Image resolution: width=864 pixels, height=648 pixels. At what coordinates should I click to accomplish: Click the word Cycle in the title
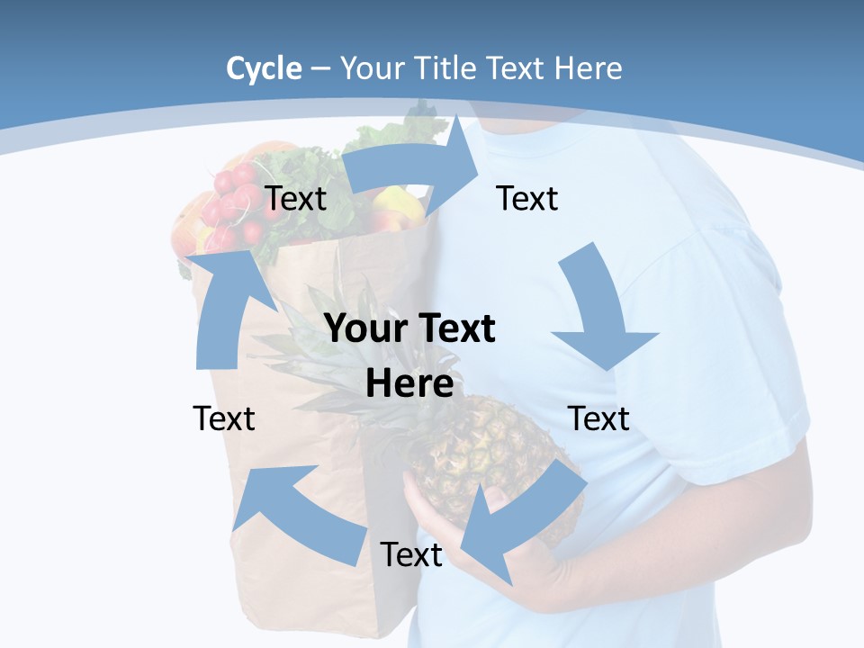pos(264,68)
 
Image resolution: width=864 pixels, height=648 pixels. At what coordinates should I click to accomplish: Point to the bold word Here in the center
pos(409,382)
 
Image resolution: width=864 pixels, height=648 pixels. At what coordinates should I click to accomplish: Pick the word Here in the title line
pos(589,68)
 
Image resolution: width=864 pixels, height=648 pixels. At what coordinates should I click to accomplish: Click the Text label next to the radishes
pos(295,198)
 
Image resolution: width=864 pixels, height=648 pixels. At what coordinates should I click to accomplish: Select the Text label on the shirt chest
pos(527,198)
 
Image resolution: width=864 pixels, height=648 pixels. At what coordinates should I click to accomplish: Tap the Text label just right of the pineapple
pos(599,418)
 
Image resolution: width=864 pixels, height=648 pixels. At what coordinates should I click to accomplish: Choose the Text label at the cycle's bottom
pos(411,554)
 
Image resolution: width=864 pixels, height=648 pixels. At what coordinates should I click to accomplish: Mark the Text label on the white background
pos(224,418)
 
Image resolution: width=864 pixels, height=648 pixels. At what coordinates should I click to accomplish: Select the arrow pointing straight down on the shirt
pos(603,310)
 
